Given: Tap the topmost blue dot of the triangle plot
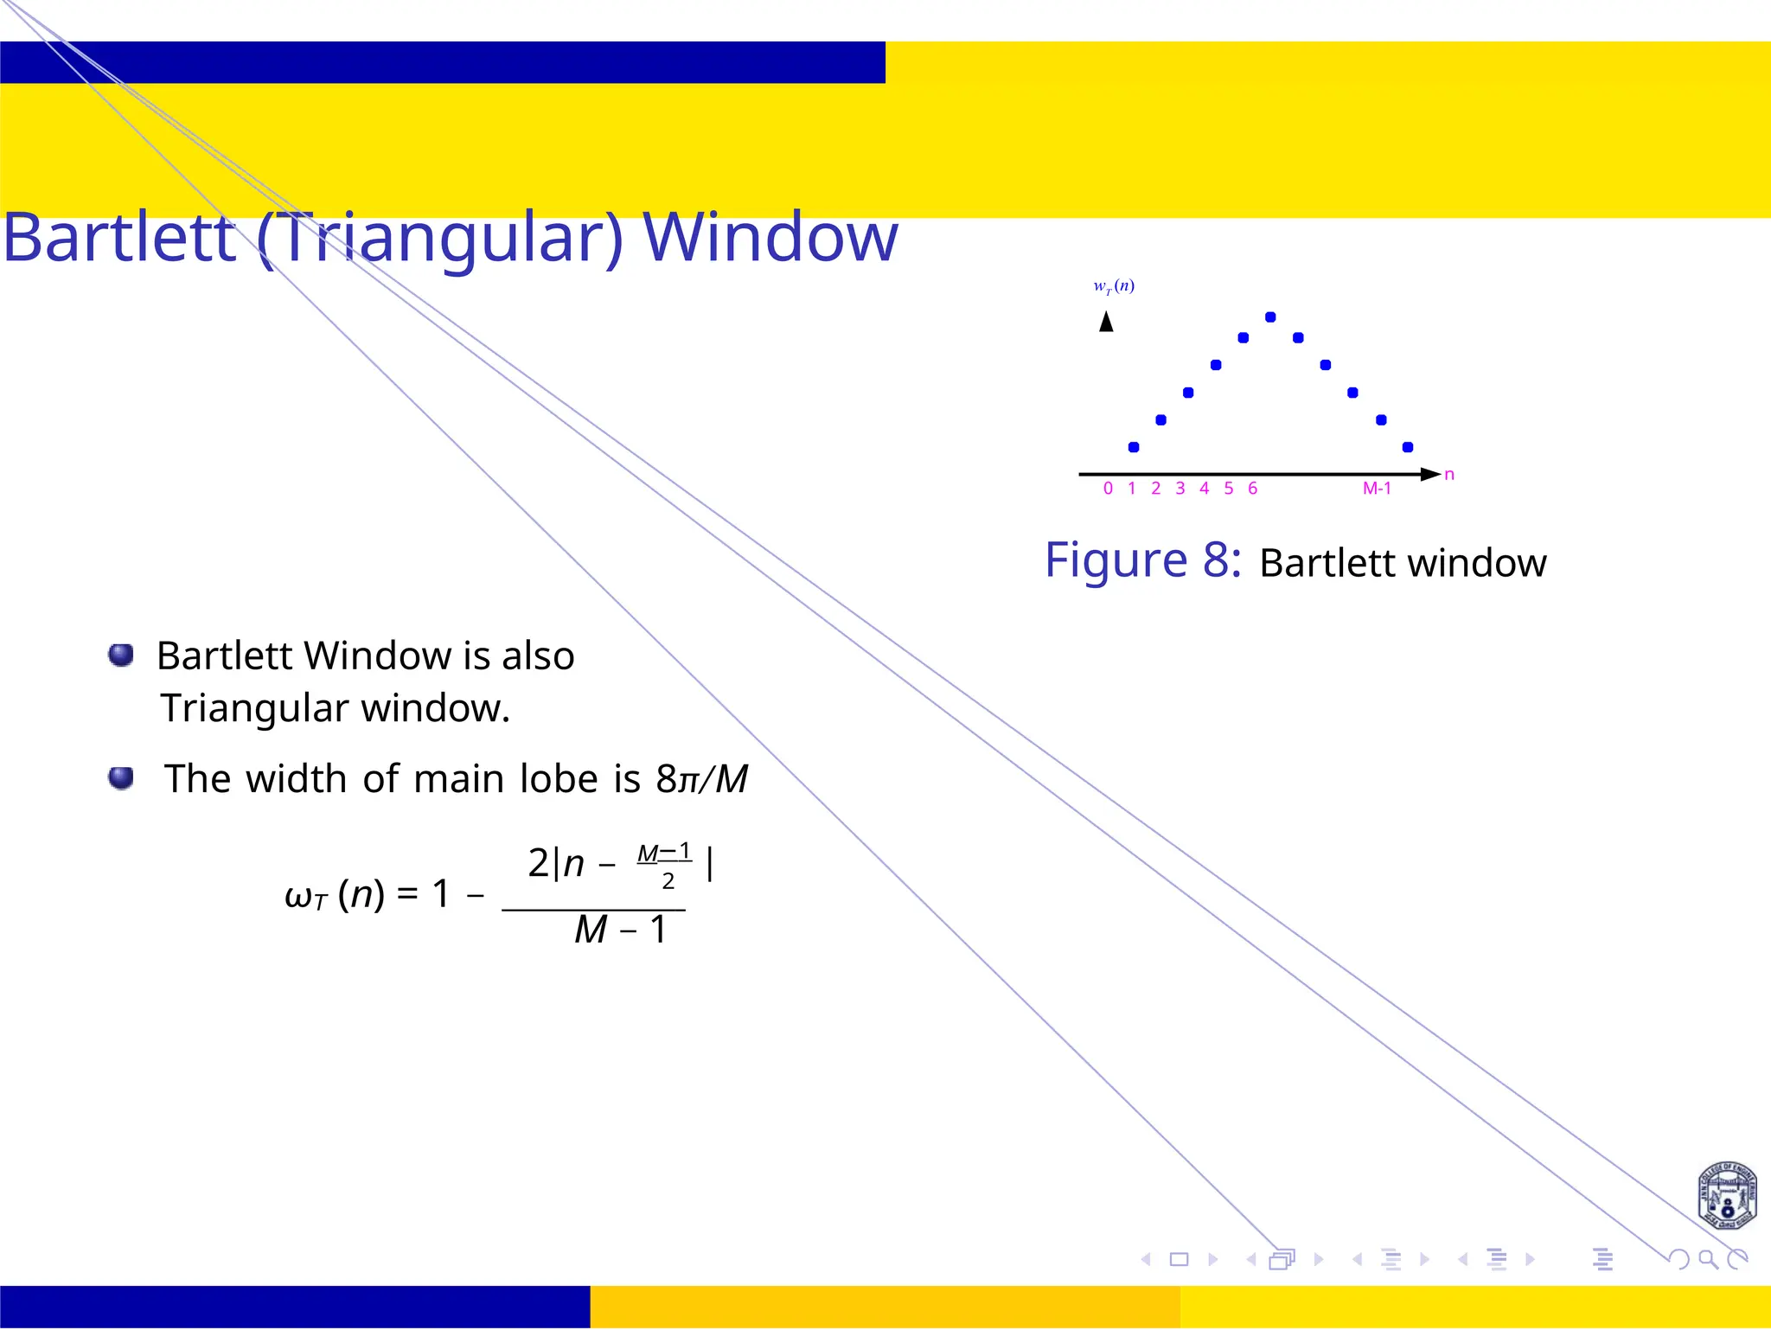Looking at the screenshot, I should coord(1270,317).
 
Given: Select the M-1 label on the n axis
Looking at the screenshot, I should coord(1377,489).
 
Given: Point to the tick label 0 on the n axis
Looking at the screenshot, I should coord(1108,489).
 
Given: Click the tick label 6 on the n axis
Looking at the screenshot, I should coord(1252,489).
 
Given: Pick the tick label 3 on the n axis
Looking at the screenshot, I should coord(1180,489).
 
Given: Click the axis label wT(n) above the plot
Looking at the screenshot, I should coord(1114,286).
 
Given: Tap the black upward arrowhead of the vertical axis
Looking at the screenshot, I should coord(1106,322).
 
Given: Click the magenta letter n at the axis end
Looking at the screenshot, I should coord(1449,475).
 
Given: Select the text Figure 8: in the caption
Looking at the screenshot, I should coord(1142,560).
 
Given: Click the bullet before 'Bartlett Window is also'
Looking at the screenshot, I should coord(121,655).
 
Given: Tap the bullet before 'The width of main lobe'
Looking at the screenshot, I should coord(121,778).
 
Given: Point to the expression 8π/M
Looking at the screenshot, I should coord(701,778).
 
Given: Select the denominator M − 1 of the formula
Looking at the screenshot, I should coord(620,930).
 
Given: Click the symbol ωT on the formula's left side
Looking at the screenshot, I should coord(305,896).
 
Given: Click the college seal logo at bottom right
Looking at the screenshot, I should coord(1727,1196).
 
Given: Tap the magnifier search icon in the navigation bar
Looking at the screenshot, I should coord(1707,1259).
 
